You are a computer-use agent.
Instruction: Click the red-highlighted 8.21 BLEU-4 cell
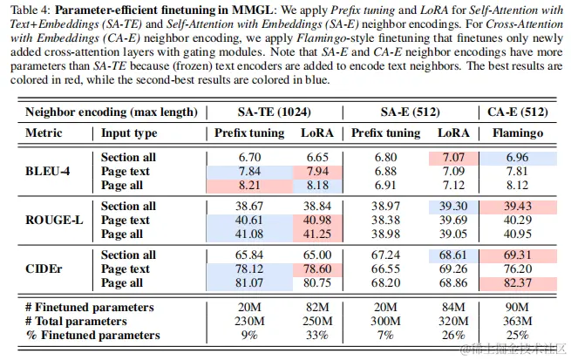pyautogui.click(x=249, y=185)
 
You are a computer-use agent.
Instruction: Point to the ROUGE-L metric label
pyautogui.click(x=54, y=221)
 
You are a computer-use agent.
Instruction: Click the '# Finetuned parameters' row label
pyautogui.click(x=90, y=307)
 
